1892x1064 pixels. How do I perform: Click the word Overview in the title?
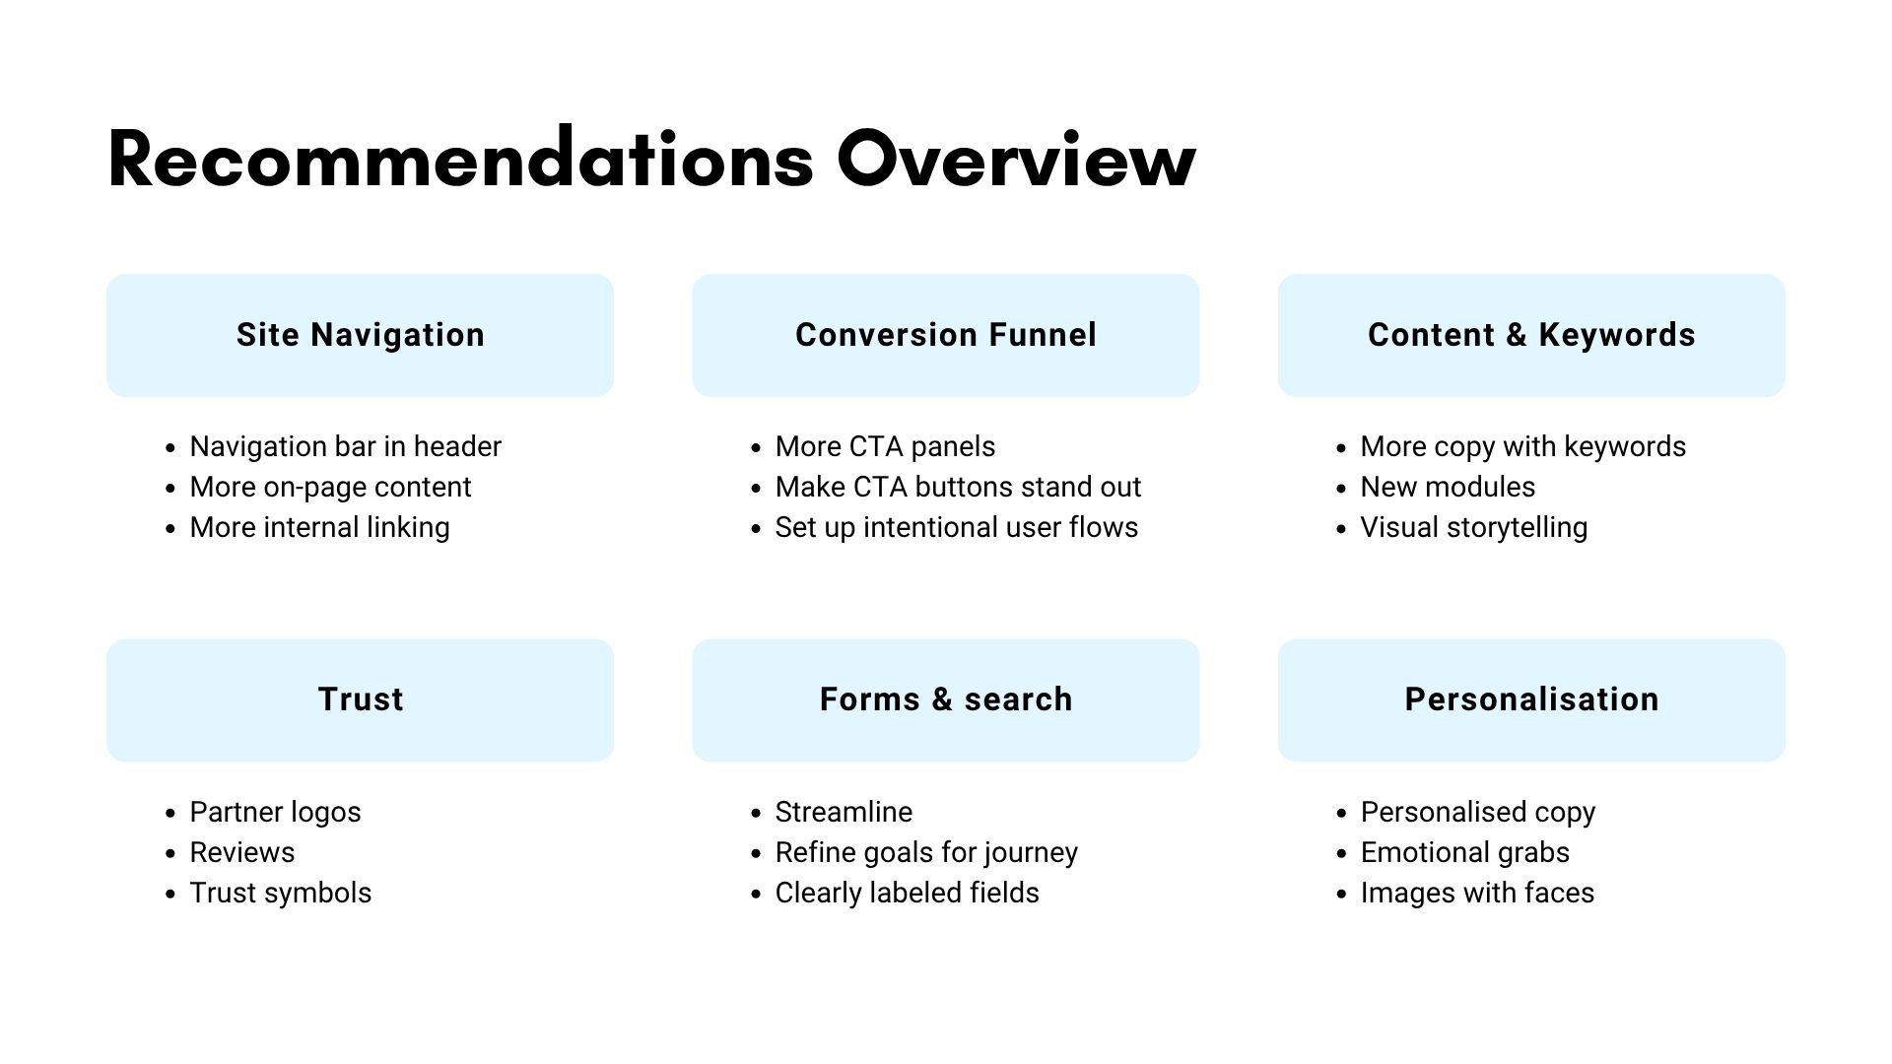pos(1016,159)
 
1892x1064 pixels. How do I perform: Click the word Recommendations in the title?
pos(460,157)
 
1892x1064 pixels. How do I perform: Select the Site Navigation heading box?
pos(360,335)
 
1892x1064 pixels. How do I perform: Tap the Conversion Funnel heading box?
pos(946,335)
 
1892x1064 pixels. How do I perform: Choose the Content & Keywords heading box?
pos(1531,335)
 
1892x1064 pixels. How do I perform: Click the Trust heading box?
pos(360,700)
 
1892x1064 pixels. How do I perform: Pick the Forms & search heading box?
pos(946,700)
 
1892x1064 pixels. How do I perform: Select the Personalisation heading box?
pos(1531,700)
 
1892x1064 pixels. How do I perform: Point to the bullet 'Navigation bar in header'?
pos(346,446)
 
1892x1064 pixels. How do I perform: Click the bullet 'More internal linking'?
pos(320,527)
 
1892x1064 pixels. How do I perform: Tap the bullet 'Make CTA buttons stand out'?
pos(959,487)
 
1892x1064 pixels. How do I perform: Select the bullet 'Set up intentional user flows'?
pos(957,527)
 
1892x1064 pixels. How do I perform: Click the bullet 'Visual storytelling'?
pos(1474,527)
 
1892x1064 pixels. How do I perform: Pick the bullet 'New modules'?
pos(1448,487)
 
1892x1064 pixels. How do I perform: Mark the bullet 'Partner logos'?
pos(276,812)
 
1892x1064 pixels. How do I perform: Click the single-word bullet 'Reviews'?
pos(242,852)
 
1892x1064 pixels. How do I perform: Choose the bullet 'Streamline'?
pos(845,812)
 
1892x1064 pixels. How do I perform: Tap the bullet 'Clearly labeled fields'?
pos(908,893)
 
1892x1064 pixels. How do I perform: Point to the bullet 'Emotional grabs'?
pos(1465,852)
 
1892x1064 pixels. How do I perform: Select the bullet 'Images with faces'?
pos(1478,893)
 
